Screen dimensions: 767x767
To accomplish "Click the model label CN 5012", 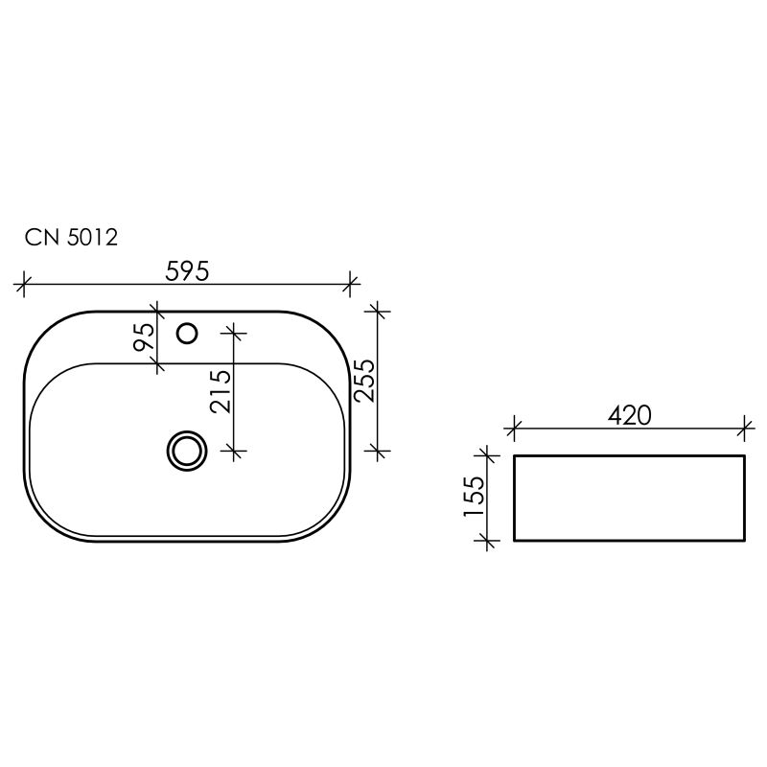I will pyautogui.click(x=72, y=238).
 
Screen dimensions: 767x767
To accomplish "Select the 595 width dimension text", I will pyautogui.click(x=188, y=271).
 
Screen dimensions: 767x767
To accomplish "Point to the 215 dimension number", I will pyautogui.click(x=221, y=390).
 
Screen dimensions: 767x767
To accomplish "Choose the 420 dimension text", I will pyautogui.click(x=629, y=415).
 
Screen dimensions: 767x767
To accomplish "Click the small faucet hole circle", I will pyautogui.click(x=188, y=333).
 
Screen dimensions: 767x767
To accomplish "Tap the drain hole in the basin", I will pyautogui.click(x=186, y=449).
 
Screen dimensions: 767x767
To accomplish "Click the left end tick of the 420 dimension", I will pyautogui.click(x=515, y=426).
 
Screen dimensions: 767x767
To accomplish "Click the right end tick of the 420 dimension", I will pyautogui.click(x=744, y=426).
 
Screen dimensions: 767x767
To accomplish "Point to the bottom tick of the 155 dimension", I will pyautogui.click(x=489, y=542).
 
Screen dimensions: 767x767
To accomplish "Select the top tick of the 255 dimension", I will pyautogui.click(x=379, y=311).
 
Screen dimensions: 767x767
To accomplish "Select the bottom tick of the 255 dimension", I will pyautogui.click(x=379, y=449).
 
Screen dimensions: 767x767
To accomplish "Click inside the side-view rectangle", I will pyautogui.click(x=629, y=499).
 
